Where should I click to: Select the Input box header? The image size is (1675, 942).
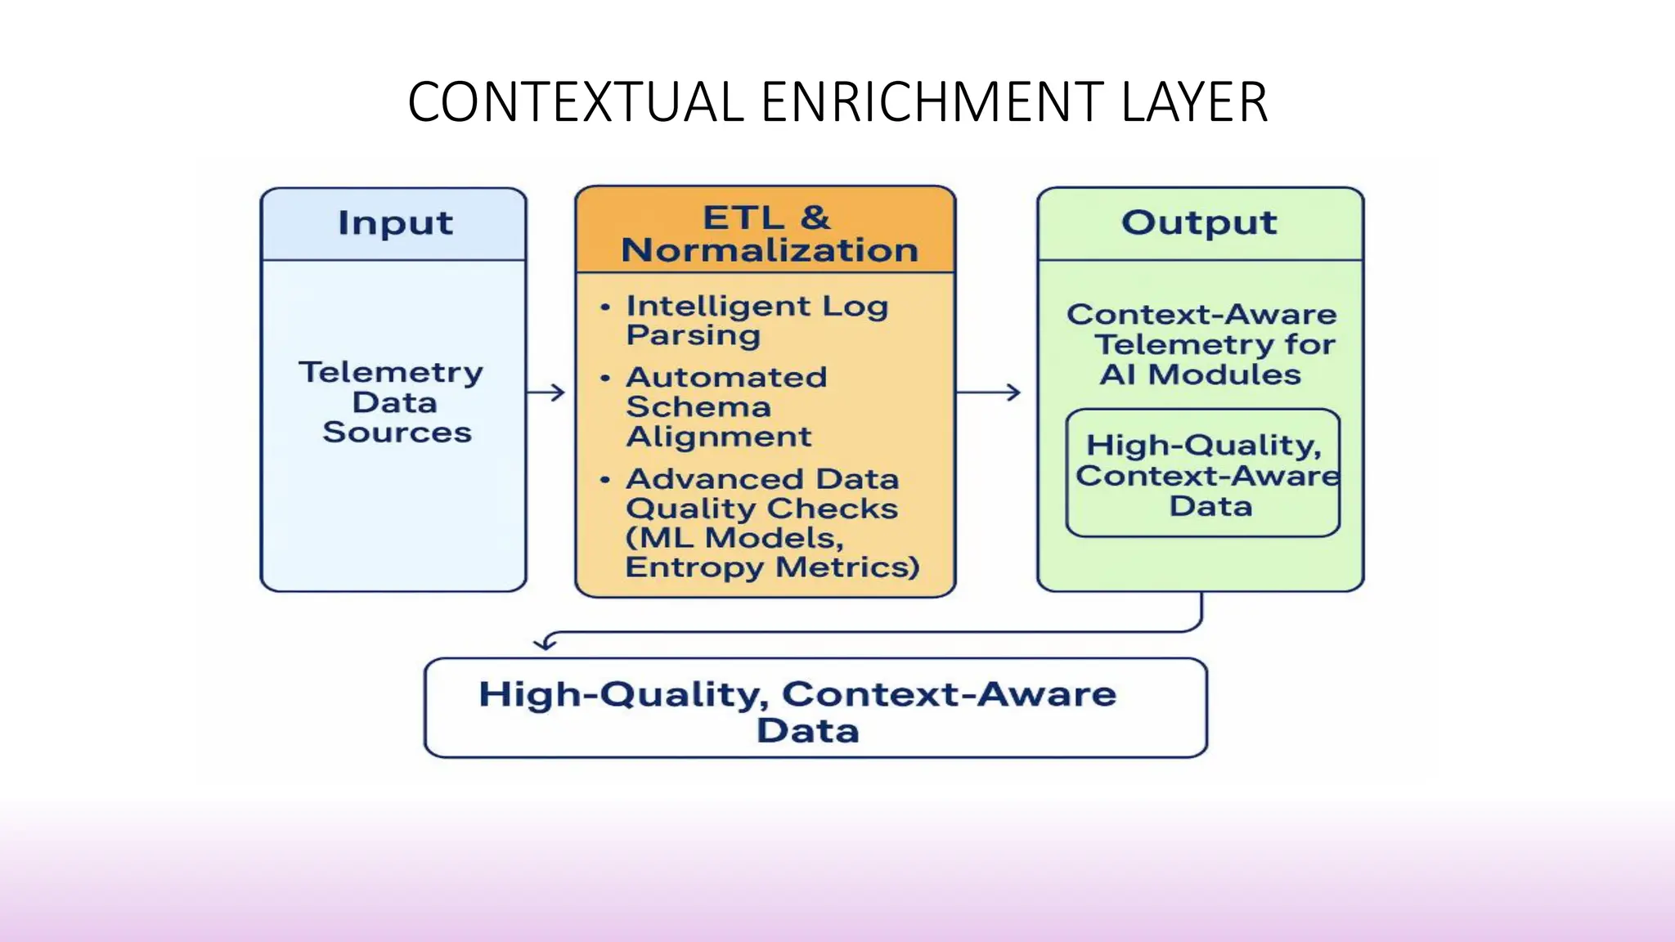(394, 223)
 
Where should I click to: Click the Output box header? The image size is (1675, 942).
(1199, 222)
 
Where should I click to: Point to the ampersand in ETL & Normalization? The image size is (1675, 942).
(815, 218)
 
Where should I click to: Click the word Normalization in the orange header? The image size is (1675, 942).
(770, 250)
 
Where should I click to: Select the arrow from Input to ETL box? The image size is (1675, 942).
(546, 392)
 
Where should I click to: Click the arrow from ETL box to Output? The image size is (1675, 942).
(989, 392)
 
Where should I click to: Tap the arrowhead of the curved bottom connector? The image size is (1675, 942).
(544, 644)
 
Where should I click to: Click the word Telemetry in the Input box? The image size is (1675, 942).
(391, 372)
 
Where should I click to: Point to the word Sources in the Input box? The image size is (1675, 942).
(397, 433)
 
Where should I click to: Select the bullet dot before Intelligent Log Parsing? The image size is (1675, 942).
(605, 307)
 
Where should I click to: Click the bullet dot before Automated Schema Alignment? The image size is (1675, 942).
(605, 378)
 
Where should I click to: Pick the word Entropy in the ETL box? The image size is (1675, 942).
(695, 567)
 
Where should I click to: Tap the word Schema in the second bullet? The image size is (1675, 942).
(698, 407)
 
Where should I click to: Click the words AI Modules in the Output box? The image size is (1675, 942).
(1199, 375)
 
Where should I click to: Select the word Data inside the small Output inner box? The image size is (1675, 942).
(1210, 506)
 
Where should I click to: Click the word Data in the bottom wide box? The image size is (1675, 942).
(807, 730)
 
